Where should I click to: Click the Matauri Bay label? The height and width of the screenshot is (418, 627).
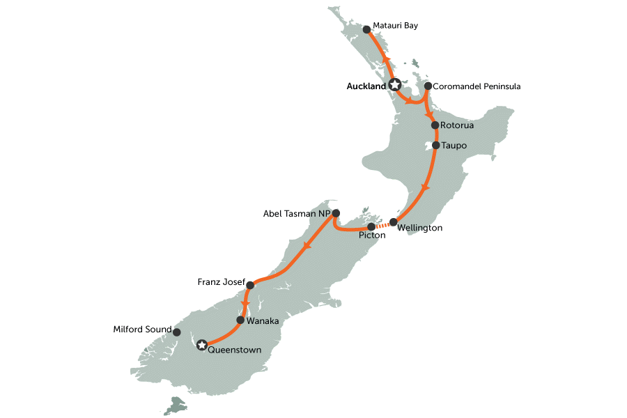(x=395, y=26)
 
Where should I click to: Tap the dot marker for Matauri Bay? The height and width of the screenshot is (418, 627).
(x=367, y=30)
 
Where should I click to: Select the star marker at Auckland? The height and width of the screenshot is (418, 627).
(x=395, y=85)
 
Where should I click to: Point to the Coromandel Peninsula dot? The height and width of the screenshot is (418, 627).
(x=428, y=87)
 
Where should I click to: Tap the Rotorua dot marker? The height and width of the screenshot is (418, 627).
(x=435, y=125)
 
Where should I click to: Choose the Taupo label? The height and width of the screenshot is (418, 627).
(x=454, y=146)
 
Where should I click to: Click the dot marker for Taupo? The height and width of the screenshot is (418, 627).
(x=435, y=146)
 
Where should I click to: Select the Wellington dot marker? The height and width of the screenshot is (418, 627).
(x=393, y=222)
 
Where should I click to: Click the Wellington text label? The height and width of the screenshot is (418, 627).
(x=420, y=228)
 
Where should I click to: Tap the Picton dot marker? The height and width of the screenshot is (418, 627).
(x=371, y=227)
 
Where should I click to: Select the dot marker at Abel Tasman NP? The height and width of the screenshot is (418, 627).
(x=336, y=213)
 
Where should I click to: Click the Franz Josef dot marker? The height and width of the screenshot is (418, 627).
(x=250, y=284)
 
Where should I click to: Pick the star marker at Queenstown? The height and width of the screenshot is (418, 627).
(x=202, y=344)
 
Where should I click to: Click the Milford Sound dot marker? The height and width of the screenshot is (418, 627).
(x=176, y=332)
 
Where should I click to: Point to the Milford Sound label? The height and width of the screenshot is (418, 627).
(x=141, y=329)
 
